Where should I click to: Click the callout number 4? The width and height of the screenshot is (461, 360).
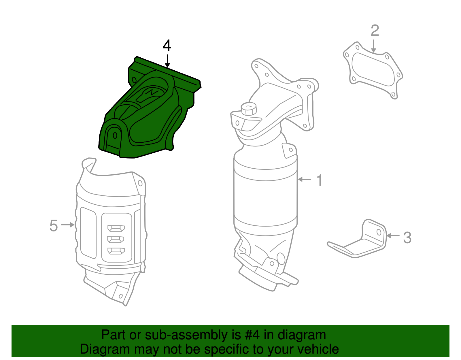click(x=167, y=46)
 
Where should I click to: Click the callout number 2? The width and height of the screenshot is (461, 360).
click(x=375, y=31)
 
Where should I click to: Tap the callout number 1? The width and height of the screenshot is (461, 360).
click(x=319, y=180)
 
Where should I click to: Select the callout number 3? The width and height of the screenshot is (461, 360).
click(x=407, y=238)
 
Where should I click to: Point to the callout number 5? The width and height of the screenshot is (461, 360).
click(x=54, y=225)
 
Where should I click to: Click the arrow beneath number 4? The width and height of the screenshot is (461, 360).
click(x=167, y=61)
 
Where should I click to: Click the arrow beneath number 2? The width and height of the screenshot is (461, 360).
click(x=374, y=46)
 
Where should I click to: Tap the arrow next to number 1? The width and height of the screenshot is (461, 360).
click(x=305, y=179)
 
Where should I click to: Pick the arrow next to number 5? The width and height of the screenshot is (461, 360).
click(x=68, y=225)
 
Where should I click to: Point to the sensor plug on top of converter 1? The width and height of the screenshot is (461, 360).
click(x=248, y=109)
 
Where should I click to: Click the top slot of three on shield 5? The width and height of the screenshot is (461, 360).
click(x=116, y=229)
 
